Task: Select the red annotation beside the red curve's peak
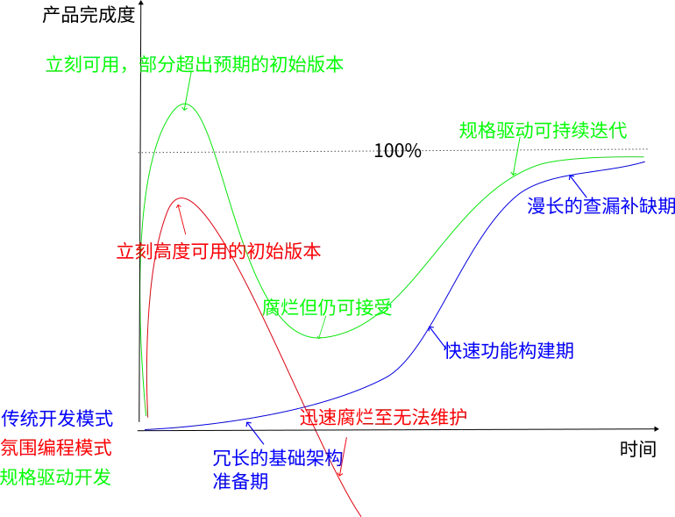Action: pos(217,251)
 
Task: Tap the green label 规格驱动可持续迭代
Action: pos(544,131)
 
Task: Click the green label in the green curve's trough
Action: pos(328,307)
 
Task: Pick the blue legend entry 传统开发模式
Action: pos(58,416)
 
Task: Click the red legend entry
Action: pos(58,446)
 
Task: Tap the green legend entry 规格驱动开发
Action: pos(58,478)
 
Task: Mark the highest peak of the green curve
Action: pos(185,103)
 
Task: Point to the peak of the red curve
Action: pos(179,200)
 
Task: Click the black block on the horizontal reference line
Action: pos(400,151)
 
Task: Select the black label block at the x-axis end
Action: pos(638,446)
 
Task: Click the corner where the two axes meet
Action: pos(138,430)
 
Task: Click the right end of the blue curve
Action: pos(643,162)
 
